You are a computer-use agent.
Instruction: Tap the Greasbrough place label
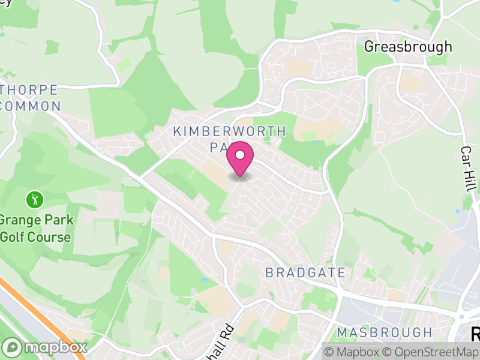point(408,46)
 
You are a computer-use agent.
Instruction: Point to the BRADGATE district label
point(305,273)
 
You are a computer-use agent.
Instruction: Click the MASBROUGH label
point(384,332)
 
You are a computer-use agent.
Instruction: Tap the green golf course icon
point(35,198)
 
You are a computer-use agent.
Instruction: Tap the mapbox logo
point(45,347)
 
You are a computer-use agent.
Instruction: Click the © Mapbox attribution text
point(352,352)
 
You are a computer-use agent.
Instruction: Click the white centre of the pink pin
point(240,155)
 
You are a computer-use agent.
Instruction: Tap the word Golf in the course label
point(13,236)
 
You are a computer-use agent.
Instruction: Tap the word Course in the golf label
point(50,236)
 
